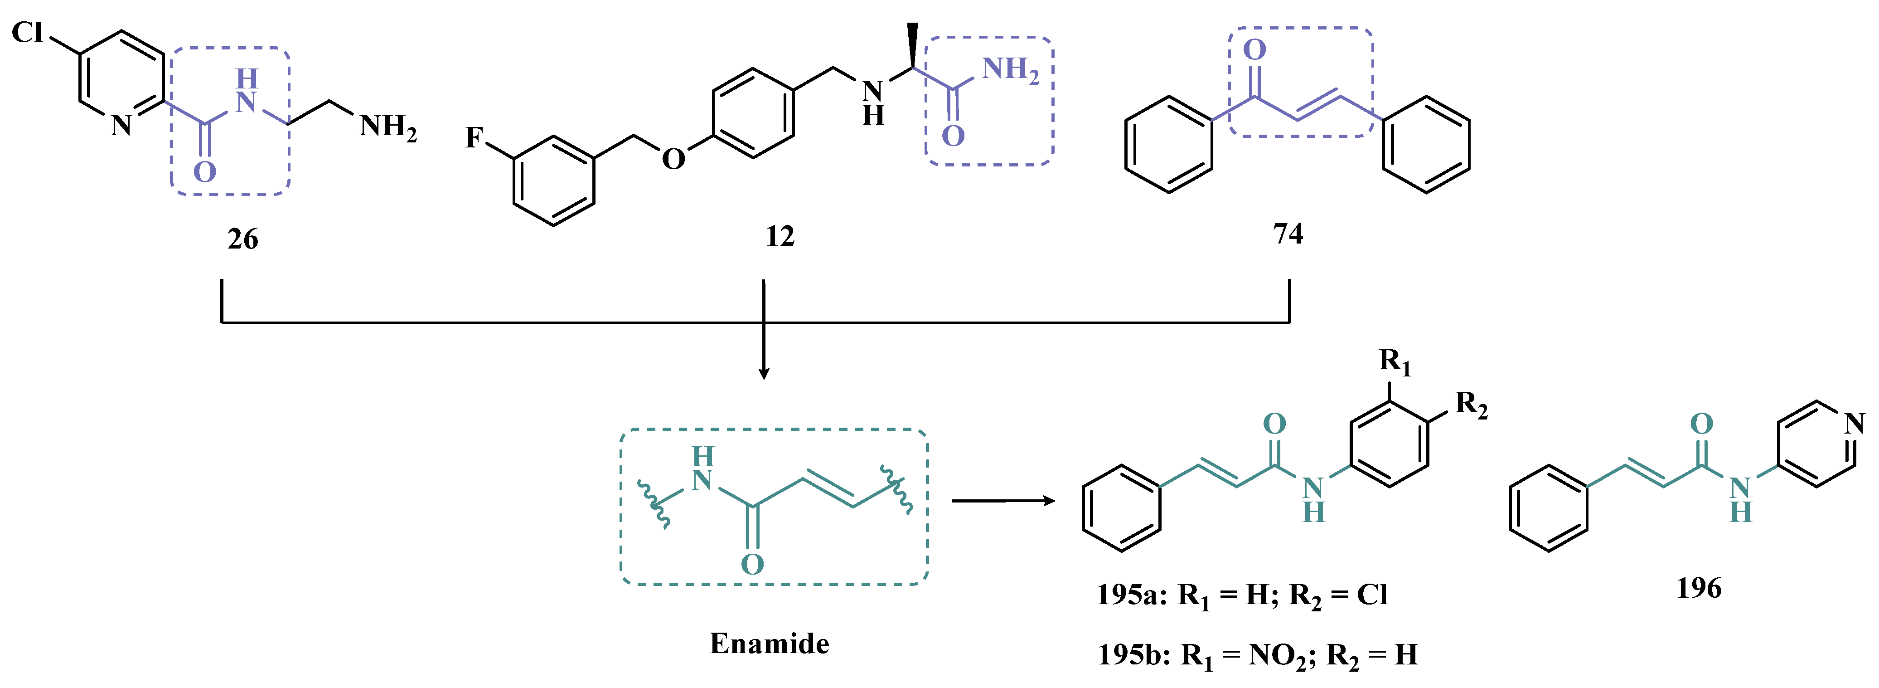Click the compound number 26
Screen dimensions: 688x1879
[x=243, y=239]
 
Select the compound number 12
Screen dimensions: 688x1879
[x=780, y=236]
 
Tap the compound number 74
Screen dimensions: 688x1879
[x=1288, y=234]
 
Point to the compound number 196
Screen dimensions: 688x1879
[x=1699, y=588]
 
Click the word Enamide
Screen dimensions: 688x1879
[x=770, y=644]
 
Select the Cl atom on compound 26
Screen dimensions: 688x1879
[x=28, y=32]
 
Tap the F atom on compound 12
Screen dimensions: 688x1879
[x=474, y=137]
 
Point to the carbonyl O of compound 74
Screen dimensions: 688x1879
[x=1254, y=49]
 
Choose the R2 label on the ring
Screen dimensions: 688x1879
[x=1471, y=404]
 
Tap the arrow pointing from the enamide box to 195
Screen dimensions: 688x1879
[x=1003, y=501]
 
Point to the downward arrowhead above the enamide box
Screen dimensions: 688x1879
[x=764, y=374]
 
